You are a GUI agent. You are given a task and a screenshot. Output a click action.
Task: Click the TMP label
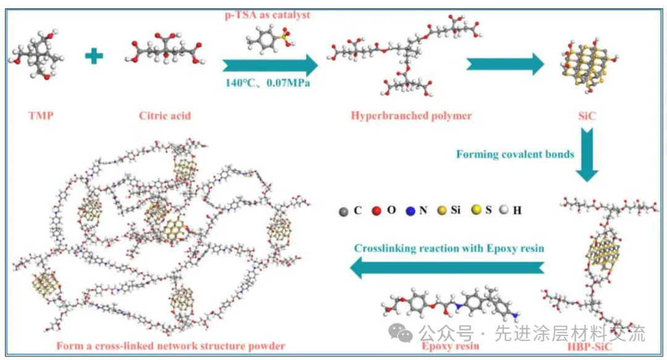tap(41, 115)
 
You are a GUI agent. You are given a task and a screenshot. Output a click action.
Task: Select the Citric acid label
tap(165, 115)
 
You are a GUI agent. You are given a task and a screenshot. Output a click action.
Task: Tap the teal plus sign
tap(94, 56)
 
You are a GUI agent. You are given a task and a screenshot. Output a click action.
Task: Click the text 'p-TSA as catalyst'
tap(267, 15)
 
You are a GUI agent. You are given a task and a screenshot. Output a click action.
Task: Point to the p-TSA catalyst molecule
tap(268, 39)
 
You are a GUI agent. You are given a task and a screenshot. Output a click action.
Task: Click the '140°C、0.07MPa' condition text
tap(267, 83)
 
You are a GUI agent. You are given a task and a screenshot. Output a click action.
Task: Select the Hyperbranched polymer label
tap(411, 115)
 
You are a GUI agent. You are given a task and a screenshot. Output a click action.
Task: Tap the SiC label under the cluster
tap(587, 115)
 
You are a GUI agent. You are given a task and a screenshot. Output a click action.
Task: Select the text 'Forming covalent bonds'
tap(515, 154)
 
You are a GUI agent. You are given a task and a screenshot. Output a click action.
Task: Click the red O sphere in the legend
tap(377, 211)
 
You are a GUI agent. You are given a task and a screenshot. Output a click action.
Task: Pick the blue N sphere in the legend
tap(411, 211)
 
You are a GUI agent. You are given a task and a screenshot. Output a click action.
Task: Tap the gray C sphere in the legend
tap(343, 211)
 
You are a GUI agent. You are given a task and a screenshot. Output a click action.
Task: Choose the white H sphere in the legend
tap(504, 210)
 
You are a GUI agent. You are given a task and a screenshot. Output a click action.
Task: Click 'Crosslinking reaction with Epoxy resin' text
tap(449, 248)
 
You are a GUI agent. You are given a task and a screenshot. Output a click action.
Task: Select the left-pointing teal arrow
tap(447, 267)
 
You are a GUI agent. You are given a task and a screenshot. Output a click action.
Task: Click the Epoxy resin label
tap(450, 346)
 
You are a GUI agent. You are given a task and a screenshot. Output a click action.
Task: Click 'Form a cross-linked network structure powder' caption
tap(170, 346)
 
